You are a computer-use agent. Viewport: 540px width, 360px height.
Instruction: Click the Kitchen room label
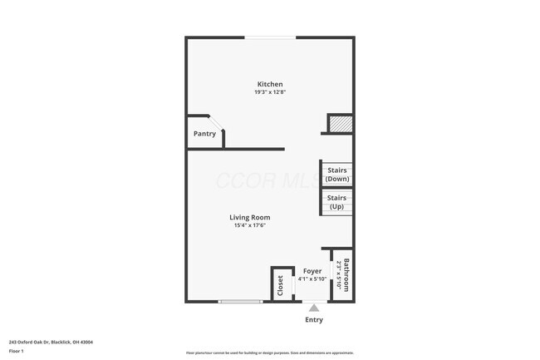pos(270,84)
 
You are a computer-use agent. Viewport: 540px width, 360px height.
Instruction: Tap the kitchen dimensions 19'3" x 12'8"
pos(270,92)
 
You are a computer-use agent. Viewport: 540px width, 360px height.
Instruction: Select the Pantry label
pos(204,134)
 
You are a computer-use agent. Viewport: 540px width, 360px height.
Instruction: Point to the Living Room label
pos(250,218)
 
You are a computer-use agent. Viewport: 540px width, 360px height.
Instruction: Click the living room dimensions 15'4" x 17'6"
pos(250,226)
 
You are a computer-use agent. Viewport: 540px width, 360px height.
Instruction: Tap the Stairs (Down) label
pos(336,175)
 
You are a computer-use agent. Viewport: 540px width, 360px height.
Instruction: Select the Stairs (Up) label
pos(336,202)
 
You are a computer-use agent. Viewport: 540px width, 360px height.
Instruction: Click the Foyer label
pos(312,271)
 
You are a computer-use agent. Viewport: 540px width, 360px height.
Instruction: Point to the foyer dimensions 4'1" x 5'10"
pos(312,279)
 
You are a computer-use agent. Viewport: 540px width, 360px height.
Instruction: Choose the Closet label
pos(281,285)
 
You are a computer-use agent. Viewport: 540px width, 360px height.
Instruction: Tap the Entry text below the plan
pos(314,320)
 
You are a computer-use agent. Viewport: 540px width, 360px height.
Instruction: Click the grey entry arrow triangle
pos(314,308)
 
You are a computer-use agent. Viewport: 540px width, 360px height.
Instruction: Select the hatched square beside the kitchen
pos(341,124)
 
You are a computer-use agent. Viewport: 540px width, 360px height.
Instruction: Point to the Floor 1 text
pos(17,352)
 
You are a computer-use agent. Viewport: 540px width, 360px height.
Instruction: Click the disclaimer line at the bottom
pos(269,353)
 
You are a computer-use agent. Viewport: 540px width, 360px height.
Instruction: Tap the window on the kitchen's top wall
pos(268,37)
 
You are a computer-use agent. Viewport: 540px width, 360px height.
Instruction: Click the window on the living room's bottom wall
pos(241,302)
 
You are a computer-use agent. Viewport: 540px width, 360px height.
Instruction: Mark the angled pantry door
pos(215,121)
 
